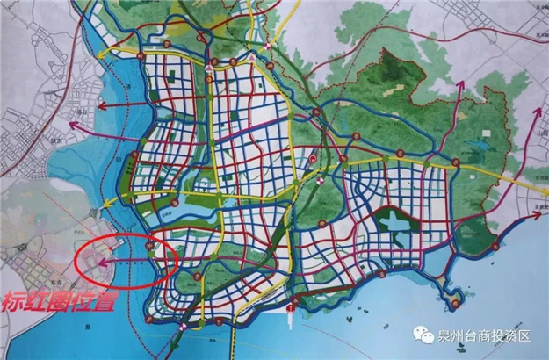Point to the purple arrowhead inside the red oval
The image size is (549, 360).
pos(104,261)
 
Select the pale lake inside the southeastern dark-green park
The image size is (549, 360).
pos(397,227)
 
